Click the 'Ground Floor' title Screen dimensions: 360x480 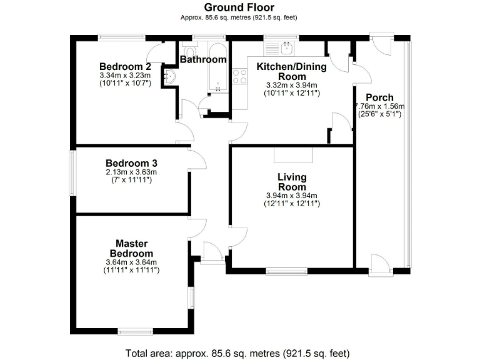pyautogui.click(x=239, y=7)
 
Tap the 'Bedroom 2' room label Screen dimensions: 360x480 pyautogui.click(x=125, y=67)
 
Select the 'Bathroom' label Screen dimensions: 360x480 pyautogui.click(x=202, y=60)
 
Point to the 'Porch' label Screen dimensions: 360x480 pyautogui.click(x=379, y=97)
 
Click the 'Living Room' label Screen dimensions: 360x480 pyautogui.click(x=292, y=182)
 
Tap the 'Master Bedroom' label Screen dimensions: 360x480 pyautogui.click(x=131, y=247)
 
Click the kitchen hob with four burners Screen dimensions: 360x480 pyautogui.click(x=239, y=76)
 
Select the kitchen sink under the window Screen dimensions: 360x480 pyautogui.click(x=287, y=47)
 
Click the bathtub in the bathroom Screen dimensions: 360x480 pyautogui.click(x=218, y=67)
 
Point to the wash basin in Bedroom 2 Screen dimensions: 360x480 pyautogui.click(x=170, y=76)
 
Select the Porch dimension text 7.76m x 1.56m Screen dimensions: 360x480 pyautogui.click(x=380, y=106)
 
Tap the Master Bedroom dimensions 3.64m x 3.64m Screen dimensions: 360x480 pyautogui.click(x=131, y=262)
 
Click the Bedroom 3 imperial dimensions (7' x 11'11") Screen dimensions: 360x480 pyautogui.click(x=131, y=180)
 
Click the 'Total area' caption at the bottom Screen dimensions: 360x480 pyautogui.click(x=237, y=352)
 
